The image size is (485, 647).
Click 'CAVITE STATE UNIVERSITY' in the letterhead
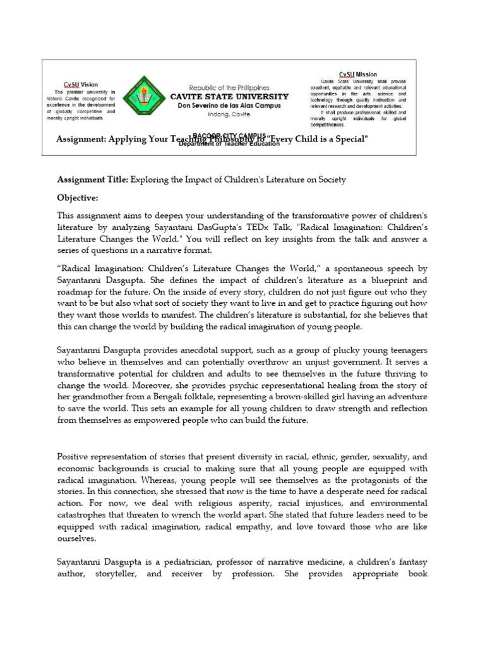pyautogui.click(x=229, y=97)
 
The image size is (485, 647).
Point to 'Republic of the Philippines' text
pyautogui.click(x=230, y=88)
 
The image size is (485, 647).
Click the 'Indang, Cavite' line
pyautogui.click(x=229, y=114)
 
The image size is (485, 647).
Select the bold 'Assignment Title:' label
pyautogui.click(x=92, y=180)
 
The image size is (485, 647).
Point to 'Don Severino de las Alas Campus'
pyautogui.click(x=229, y=106)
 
